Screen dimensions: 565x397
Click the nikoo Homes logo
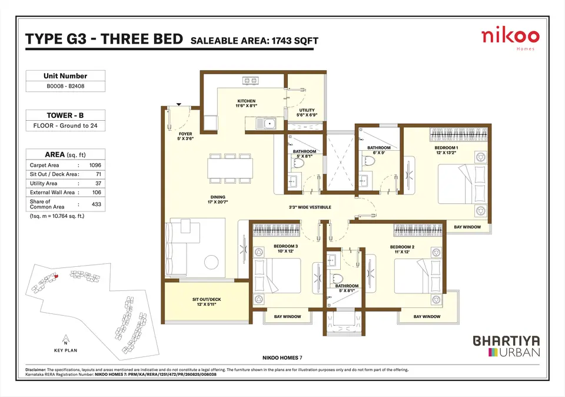pos(510,39)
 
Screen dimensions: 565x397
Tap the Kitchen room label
pos(247,104)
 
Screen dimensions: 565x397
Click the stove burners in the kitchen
pos(251,81)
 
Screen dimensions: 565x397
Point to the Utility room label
pos(307,113)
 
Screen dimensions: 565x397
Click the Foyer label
pos(185,136)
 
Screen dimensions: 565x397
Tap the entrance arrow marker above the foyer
pos(179,105)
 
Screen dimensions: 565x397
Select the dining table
pos(230,168)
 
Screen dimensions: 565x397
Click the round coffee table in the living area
pos(211,262)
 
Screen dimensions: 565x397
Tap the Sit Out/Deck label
pos(207,302)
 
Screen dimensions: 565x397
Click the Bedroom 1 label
pos(446,150)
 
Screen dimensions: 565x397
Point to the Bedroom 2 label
pos(402,249)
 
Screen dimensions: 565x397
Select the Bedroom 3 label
pos(286,249)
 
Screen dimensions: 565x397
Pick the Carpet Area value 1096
pos(95,165)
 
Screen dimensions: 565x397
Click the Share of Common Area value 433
pos(97,204)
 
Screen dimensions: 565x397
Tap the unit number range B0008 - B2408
pos(65,86)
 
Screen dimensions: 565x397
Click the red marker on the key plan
pos(56,276)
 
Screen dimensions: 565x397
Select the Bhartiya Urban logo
pos(506,346)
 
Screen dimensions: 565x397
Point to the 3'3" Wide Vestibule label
pos(310,207)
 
